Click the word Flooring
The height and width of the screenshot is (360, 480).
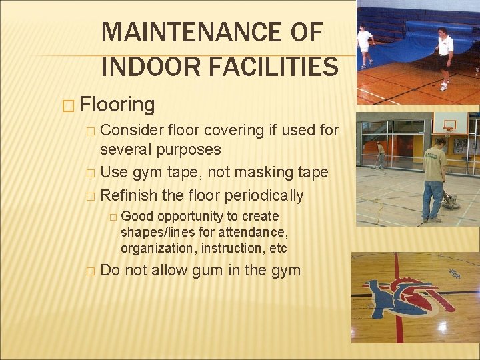point(117,105)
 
